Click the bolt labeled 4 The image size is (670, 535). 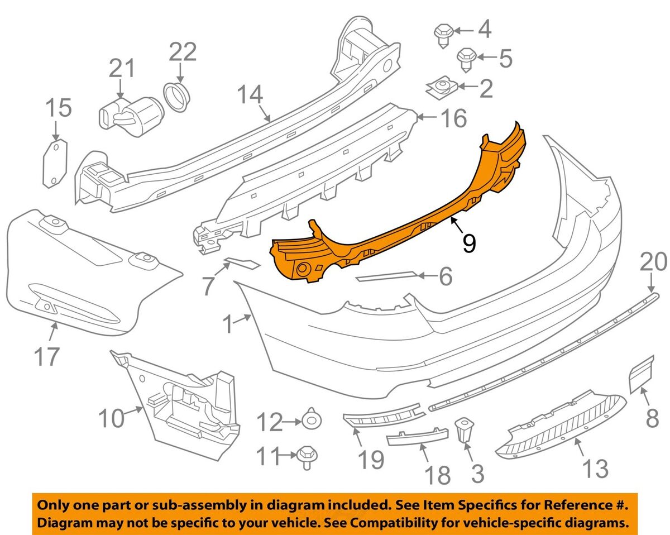coord(443,34)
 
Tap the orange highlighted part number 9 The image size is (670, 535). coord(391,223)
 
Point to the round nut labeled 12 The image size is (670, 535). coord(309,419)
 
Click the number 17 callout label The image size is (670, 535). coord(47,356)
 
